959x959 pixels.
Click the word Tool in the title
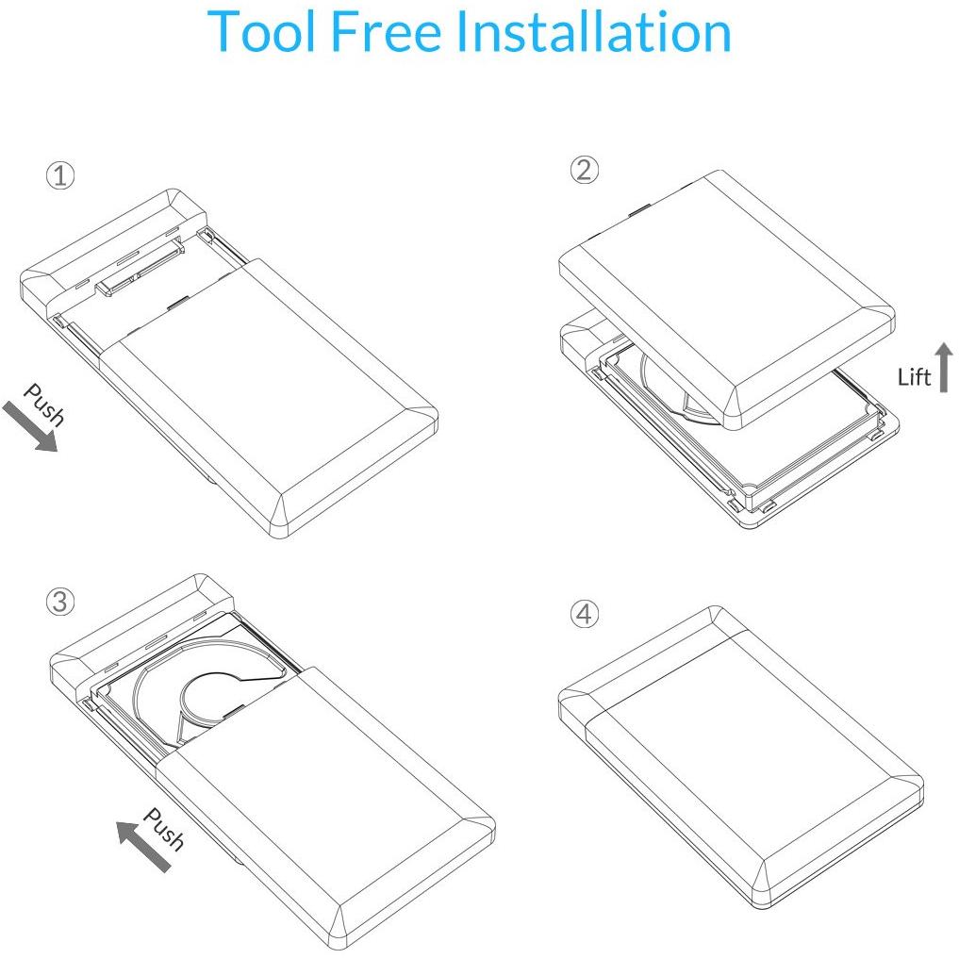263,31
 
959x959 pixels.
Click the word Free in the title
386,31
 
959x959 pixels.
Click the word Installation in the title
594,31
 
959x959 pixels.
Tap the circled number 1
60,175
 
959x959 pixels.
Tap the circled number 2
584,170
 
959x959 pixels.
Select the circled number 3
60,602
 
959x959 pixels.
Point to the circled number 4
584,614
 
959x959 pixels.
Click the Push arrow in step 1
29,427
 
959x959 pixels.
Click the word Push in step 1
44,405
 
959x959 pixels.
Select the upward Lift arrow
944,367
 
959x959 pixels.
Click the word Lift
914,377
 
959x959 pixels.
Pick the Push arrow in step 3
143,847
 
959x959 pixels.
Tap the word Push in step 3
163,829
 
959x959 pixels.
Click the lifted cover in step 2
727,300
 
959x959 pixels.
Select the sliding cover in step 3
324,807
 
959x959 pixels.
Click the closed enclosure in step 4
740,758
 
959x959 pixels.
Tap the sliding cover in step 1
268,398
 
